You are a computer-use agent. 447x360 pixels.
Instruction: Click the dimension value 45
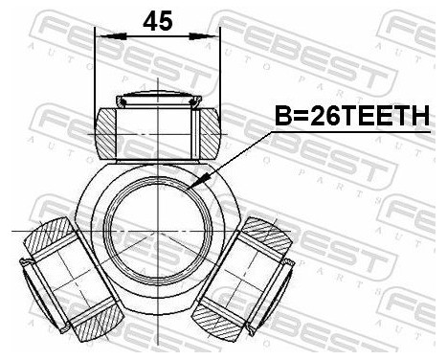click(x=158, y=20)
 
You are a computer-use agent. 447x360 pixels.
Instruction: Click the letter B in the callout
click(x=283, y=117)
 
